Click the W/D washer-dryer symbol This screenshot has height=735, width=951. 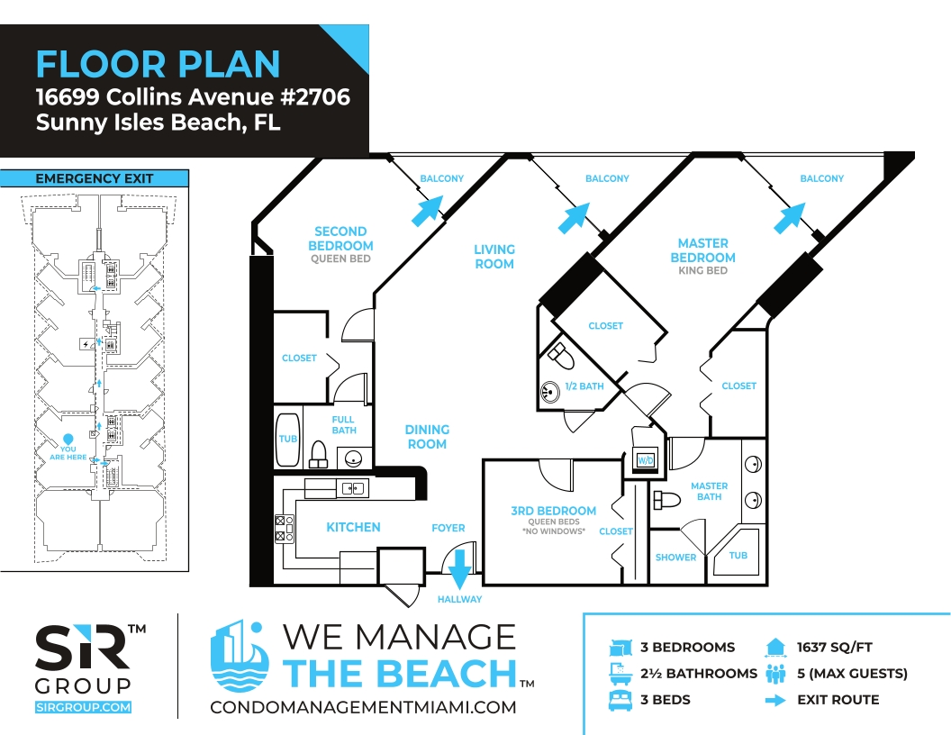click(646, 459)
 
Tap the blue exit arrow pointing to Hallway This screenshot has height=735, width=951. click(459, 569)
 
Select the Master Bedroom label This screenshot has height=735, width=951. click(703, 250)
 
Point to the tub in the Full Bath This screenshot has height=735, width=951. click(287, 440)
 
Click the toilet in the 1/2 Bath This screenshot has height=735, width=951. click(561, 356)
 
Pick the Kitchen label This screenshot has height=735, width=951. click(354, 527)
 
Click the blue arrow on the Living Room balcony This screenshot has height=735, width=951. click(573, 218)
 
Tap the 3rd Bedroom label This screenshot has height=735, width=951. click(553, 511)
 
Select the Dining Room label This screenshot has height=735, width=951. click(427, 437)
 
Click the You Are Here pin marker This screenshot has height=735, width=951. click(68, 439)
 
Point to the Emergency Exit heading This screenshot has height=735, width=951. click(94, 178)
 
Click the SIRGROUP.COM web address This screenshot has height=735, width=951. click(83, 707)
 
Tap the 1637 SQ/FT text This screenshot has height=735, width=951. click(835, 647)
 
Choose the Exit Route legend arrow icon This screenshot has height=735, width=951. click(775, 701)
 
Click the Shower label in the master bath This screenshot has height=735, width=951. click(675, 558)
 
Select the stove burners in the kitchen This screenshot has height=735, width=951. click(285, 528)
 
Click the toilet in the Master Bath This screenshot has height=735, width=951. click(667, 500)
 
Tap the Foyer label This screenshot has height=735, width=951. click(448, 528)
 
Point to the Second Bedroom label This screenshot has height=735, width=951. click(340, 239)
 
